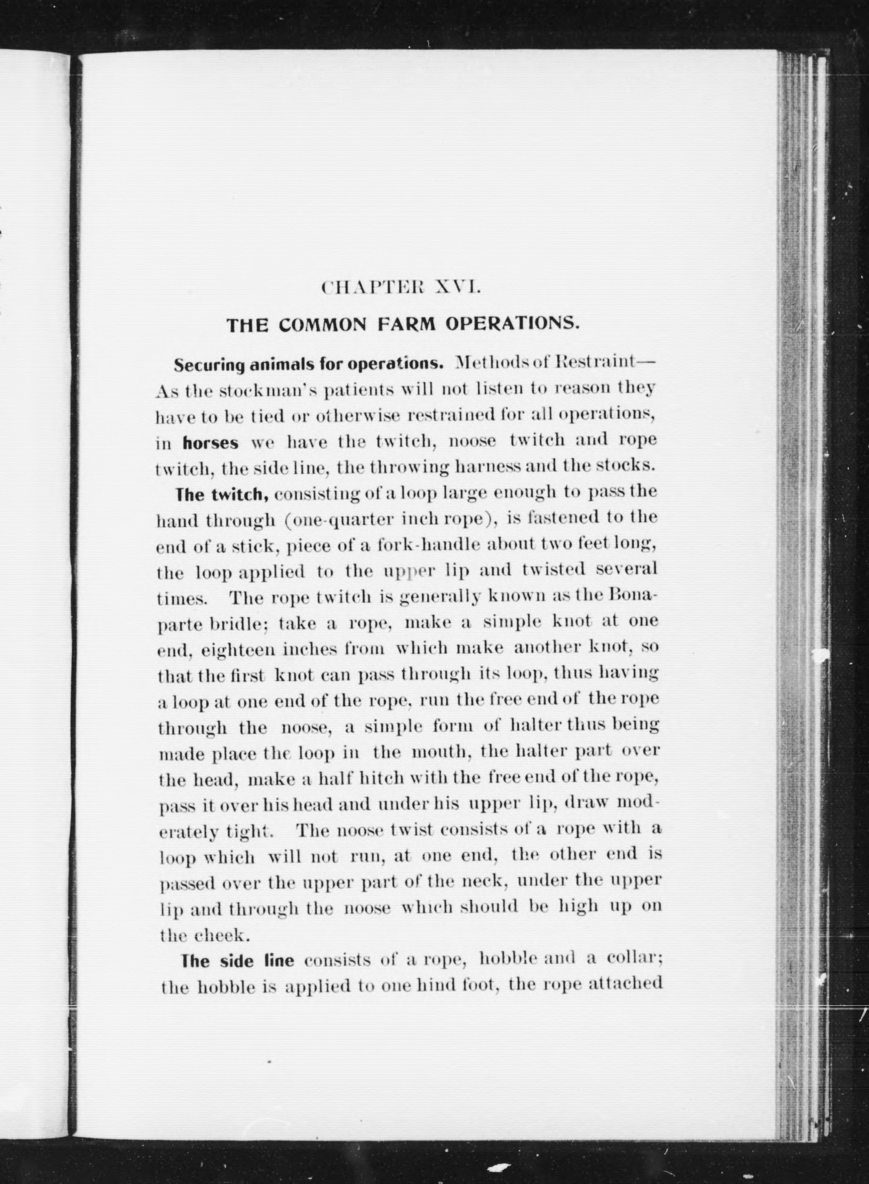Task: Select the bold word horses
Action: click(210, 443)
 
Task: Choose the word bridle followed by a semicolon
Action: click(239, 624)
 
